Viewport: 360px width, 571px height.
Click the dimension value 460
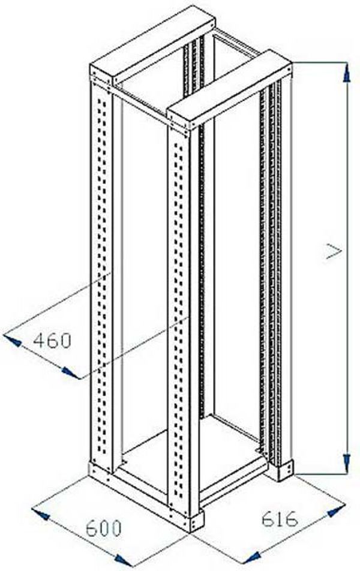(x=52, y=341)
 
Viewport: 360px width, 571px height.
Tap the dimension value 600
(x=103, y=528)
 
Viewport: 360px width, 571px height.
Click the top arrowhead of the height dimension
(x=347, y=73)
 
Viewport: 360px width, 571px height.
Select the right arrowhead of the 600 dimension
(x=124, y=560)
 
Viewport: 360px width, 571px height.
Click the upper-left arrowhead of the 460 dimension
(x=11, y=341)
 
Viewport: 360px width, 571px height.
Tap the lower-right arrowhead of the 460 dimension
(x=70, y=372)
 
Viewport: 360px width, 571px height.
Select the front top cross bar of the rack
(x=229, y=89)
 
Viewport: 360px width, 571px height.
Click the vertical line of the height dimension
(x=347, y=269)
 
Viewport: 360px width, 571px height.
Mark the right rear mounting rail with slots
(x=271, y=269)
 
